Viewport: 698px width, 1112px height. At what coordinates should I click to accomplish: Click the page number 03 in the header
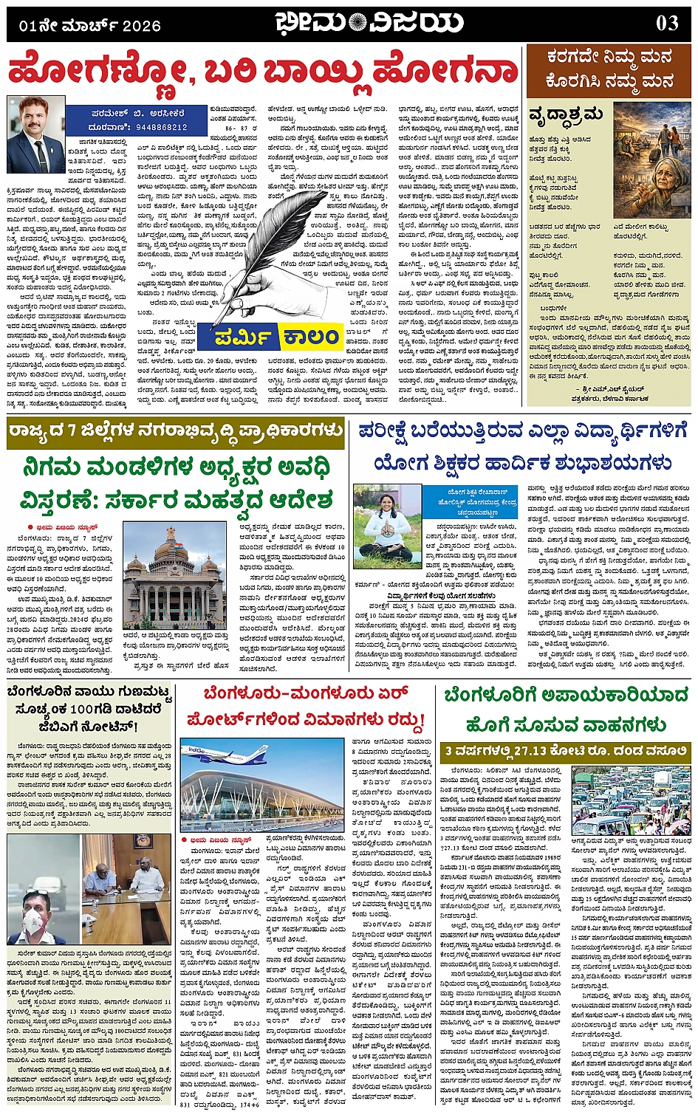[x=667, y=23]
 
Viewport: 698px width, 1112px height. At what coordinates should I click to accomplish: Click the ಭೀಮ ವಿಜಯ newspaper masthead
[x=359, y=23]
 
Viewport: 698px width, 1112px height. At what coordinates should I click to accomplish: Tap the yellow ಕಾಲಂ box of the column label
[x=310, y=337]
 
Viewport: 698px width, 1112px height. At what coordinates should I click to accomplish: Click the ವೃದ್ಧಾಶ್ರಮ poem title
[x=566, y=114]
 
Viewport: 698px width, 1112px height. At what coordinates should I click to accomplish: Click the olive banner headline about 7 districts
[x=176, y=432]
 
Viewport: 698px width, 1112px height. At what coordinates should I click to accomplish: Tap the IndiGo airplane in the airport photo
[x=221, y=755]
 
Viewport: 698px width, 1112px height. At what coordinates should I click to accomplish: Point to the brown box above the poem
[x=609, y=69]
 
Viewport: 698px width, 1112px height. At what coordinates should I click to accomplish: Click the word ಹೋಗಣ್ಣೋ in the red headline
[x=92, y=72]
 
